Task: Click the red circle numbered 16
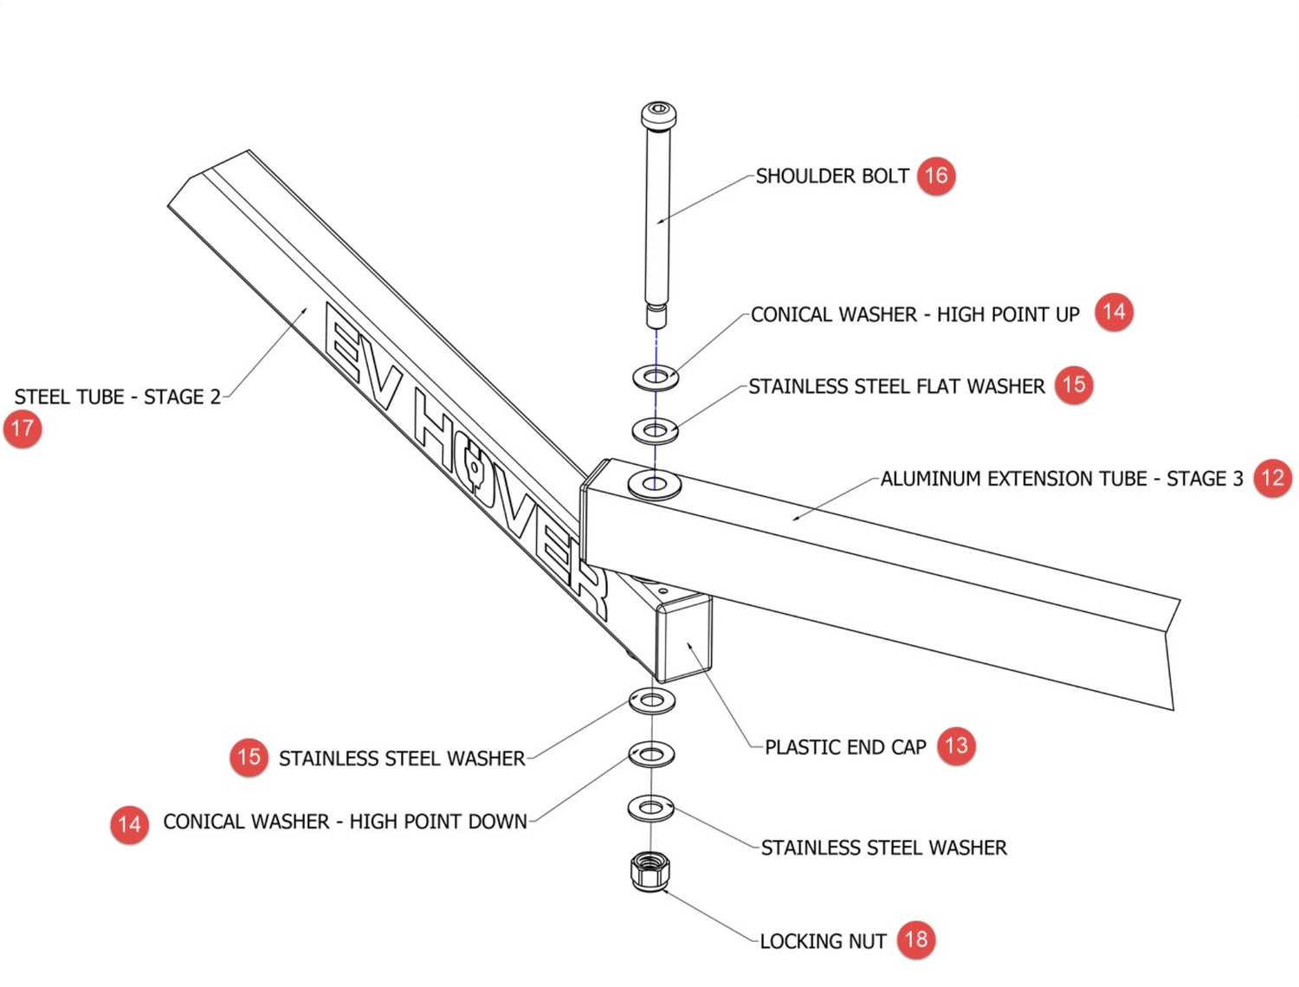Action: click(935, 176)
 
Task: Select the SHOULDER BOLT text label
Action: click(832, 177)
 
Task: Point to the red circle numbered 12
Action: click(1272, 478)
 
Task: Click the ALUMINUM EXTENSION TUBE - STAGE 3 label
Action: click(1061, 479)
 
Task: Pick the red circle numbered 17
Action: click(23, 429)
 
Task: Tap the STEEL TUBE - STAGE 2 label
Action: click(118, 397)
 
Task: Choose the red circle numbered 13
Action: click(956, 745)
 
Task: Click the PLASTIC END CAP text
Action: click(845, 747)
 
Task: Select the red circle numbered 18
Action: click(916, 939)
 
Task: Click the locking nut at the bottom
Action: click(649, 871)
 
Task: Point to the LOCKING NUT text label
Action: click(823, 941)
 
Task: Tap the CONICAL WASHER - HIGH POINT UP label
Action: click(914, 314)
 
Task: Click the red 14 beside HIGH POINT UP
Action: click(1114, 312)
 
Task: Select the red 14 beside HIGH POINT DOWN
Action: click(129, 824)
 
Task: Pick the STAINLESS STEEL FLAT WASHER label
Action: click(896, 387)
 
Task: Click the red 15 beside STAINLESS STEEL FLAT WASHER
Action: click(1074, 384)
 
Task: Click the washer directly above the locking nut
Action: click(651, 808)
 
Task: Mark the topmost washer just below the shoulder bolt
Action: click(656, 377)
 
